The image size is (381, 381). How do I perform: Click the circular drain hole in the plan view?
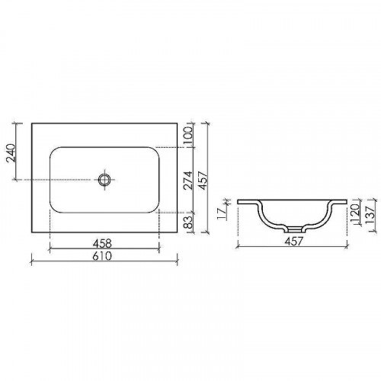(105, 180)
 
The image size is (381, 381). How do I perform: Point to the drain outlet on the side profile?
(294, 229)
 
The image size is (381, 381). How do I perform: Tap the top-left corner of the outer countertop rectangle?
(31, 122)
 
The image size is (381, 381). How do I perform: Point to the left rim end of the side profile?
(239, 203)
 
